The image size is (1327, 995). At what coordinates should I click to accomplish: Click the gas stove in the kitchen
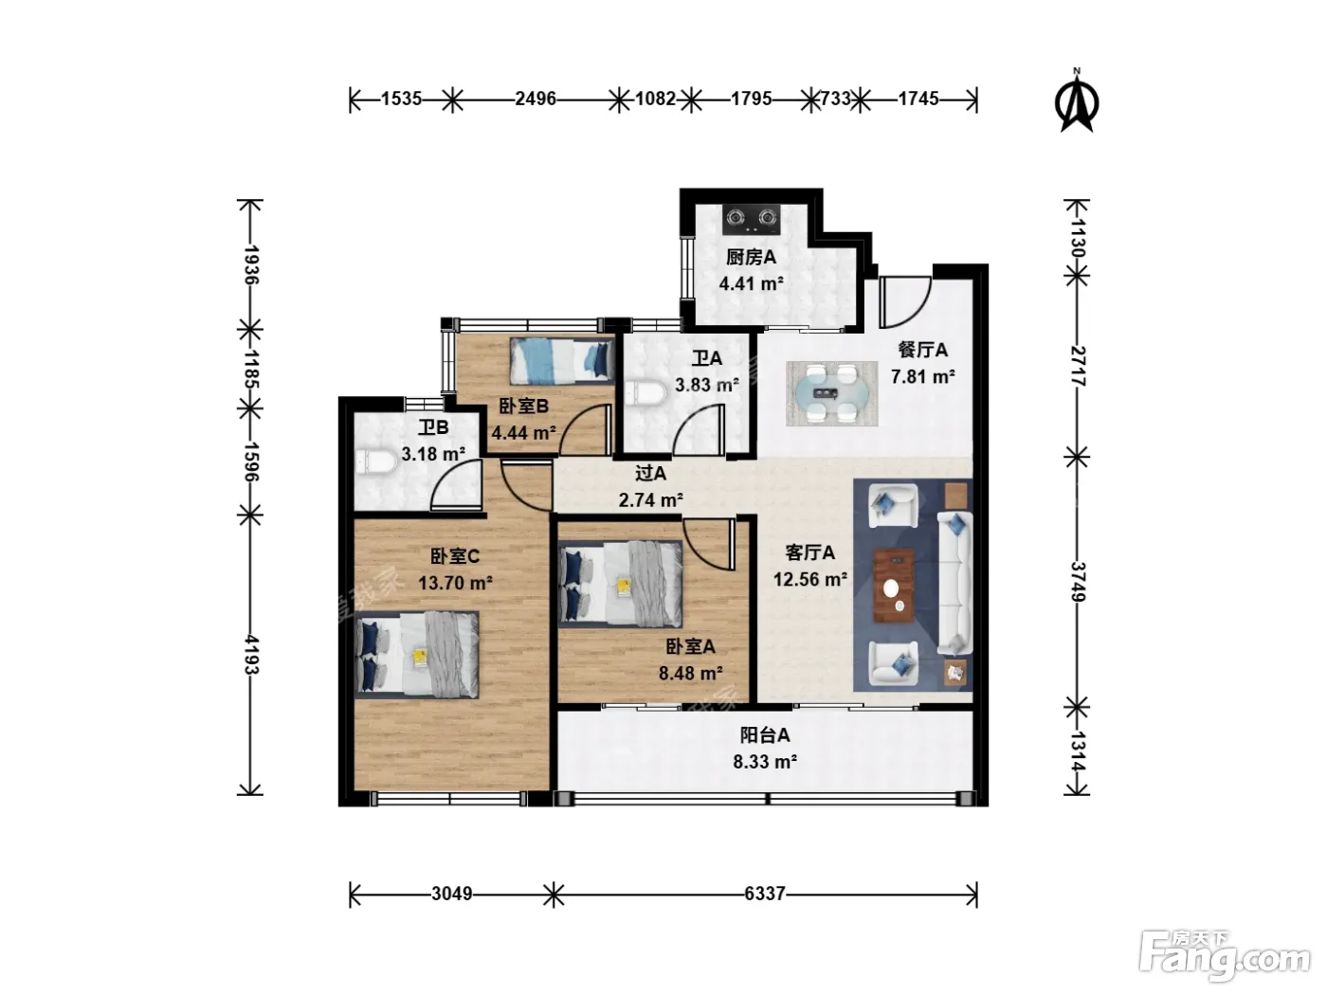tap(751, 220)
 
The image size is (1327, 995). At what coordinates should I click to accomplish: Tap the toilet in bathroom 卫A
tap(645, 393)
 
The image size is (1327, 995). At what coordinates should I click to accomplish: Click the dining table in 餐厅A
tap(831, 393)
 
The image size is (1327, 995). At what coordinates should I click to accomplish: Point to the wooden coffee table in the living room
tap(894, 586)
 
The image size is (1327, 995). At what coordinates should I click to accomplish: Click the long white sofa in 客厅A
tap(954, 583)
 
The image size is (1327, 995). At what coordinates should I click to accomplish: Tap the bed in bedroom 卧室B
tap(561, 361)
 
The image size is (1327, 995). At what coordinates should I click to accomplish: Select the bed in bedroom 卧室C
tap(417, 655)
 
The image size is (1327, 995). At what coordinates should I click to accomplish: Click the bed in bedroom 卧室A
tap(621, 584)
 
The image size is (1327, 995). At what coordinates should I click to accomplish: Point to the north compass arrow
tap(1076, 100)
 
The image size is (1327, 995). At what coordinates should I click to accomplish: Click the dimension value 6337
tap(764, 893)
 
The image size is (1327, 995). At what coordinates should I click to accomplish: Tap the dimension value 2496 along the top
tap(535, 99)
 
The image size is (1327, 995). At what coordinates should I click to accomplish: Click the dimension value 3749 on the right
tap(1078, 582)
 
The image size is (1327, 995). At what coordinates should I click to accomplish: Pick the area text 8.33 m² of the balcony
tap(765, 762)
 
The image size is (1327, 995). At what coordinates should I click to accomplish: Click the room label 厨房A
tap(751, 258)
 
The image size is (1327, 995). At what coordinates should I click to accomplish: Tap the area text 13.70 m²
tap(455, 583)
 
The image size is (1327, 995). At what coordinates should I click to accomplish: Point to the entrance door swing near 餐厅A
tap(905, 301)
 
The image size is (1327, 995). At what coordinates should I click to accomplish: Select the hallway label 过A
tap(650, 474)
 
